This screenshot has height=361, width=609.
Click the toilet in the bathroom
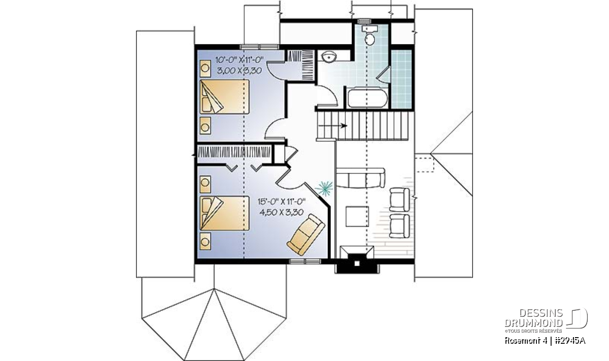tap(370, 36)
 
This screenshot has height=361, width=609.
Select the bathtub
tap(367, 97)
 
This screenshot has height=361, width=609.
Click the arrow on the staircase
tap(332, 126)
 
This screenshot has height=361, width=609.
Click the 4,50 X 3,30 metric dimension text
tap(281, 212)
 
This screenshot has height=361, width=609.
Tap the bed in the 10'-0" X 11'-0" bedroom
tap(224, 96)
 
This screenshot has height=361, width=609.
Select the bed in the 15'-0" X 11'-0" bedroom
tap(224, 213)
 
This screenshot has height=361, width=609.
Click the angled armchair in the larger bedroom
tap(306, 235)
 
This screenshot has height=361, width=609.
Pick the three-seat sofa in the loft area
tap(360, 178)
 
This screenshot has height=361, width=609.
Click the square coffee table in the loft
tap(357, 216)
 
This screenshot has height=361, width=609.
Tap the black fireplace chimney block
tap(357, 264)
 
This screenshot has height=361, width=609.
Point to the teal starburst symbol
tap(324, 188)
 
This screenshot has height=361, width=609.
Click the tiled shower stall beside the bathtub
tap(401, 79)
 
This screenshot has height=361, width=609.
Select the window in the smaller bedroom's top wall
tap(260, 47)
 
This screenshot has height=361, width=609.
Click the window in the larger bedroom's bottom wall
tap(305, 261)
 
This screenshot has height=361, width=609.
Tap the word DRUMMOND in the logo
tap(534, 323)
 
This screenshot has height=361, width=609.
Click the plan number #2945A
tap(569, 341)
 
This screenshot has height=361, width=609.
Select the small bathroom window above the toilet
tap(364, 21)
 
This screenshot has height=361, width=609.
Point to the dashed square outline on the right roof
tap(424, 165)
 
